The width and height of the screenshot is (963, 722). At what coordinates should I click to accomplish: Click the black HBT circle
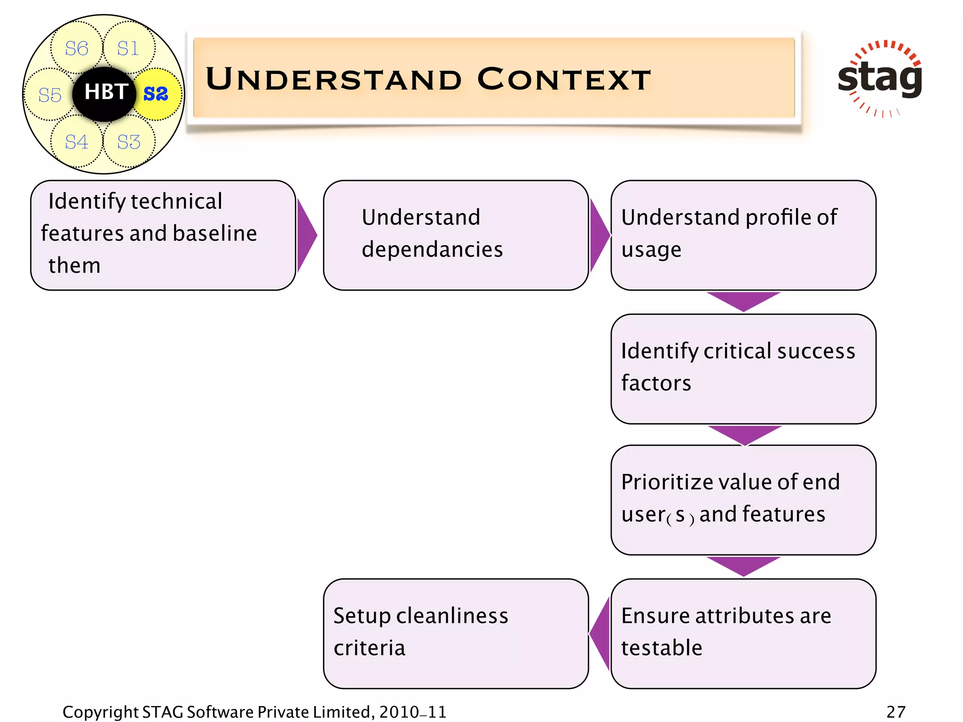coord(104,94)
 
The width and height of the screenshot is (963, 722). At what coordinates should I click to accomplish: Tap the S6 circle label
coord(77,48)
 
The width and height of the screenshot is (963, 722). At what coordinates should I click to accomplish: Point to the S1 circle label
coord(128,48)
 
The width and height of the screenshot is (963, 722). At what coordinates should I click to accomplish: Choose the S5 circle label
coord(50,95)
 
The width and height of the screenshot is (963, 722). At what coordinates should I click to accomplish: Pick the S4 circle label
coord(77,142)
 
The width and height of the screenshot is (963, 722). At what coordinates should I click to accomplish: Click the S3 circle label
coord(129,142)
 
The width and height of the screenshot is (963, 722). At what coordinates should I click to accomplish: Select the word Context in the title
coord(564,79)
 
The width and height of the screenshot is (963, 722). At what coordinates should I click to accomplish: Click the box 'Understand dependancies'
coord(455,235)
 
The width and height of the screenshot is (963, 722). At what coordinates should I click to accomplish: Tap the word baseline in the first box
coord(215,234)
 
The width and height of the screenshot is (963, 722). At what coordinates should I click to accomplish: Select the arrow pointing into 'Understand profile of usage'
coord(599,235)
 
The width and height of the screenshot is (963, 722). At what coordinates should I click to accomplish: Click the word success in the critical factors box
coord(816,352)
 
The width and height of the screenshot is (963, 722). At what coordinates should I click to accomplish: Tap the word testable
coord(662,648)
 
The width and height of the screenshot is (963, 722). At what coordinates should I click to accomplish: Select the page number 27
coord(895,712)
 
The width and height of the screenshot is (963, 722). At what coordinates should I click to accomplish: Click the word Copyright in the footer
coord(100,712)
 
